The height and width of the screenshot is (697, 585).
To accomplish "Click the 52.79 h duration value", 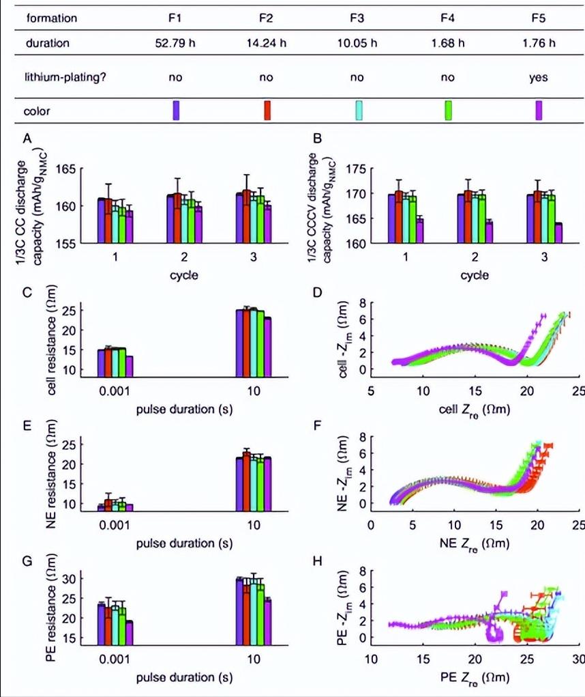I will tap(175, 43).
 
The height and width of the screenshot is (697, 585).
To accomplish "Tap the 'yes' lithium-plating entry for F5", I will tap(539, 77).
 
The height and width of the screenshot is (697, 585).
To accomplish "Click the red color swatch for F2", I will tap(267, 111).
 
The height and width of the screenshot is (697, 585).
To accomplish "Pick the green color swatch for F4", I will tap(448, 111).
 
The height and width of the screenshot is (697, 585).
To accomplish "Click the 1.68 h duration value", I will tap(448, 43).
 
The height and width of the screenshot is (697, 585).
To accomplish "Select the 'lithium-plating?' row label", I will tap(65, 77).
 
